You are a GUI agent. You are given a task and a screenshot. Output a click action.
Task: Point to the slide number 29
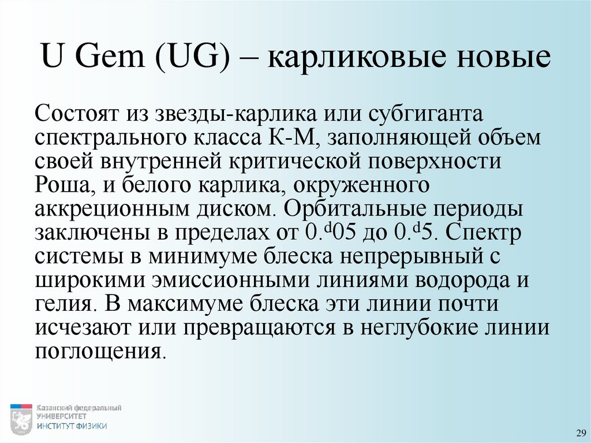(x=579, y=433)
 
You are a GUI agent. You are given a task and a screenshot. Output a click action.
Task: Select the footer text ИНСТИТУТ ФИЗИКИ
(x=72, y=426)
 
